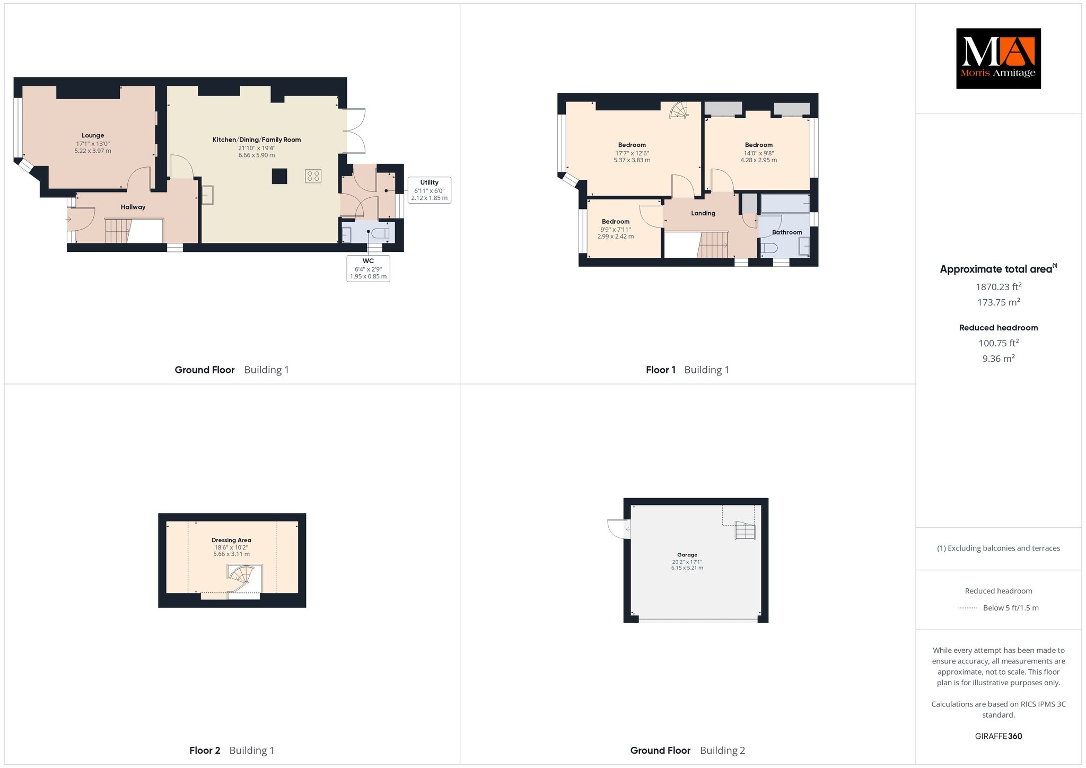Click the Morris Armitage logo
pos(998,58)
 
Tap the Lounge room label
pos(93,135)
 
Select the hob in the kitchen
pos(313,176)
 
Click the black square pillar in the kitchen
pos(279,176)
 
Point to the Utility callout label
pos(430,190)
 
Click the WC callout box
pos(369,268)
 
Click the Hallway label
pos(133,207)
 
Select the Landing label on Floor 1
pos(703,213)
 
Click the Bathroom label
pos(787,232)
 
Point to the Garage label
pos(687,555)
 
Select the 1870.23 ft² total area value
pos(999,287)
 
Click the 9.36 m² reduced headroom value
pos(999,359)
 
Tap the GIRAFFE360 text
pos(999,736)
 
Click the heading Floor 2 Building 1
pos(232,750)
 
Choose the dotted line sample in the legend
pos(968,608)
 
